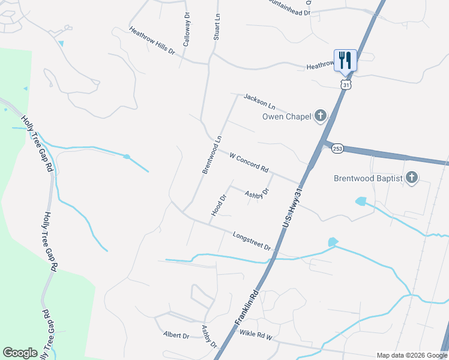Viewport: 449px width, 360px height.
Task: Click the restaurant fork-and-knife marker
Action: (x=345, y=60)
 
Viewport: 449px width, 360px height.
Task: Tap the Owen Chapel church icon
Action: (x=321, y=115)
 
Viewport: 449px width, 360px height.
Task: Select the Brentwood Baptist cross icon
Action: (x=411, y=177)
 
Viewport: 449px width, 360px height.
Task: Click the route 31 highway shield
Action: (x=345, y=85)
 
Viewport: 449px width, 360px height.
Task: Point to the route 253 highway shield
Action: (x=337, y=149)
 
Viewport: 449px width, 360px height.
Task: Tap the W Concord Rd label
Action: (x=249, y=162)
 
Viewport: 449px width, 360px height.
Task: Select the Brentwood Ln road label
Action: (x=212, y=155)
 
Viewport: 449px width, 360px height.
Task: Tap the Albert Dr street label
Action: (x=176, y=335)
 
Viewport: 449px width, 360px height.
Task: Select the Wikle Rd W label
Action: (x=256, y=334)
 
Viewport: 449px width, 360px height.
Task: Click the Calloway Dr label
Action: (x=187, y=29)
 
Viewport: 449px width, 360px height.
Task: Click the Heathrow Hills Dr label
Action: (x=152, y=40)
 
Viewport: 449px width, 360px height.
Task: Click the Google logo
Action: (x=20, y=353)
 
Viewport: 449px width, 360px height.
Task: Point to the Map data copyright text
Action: (x=411, y=355)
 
